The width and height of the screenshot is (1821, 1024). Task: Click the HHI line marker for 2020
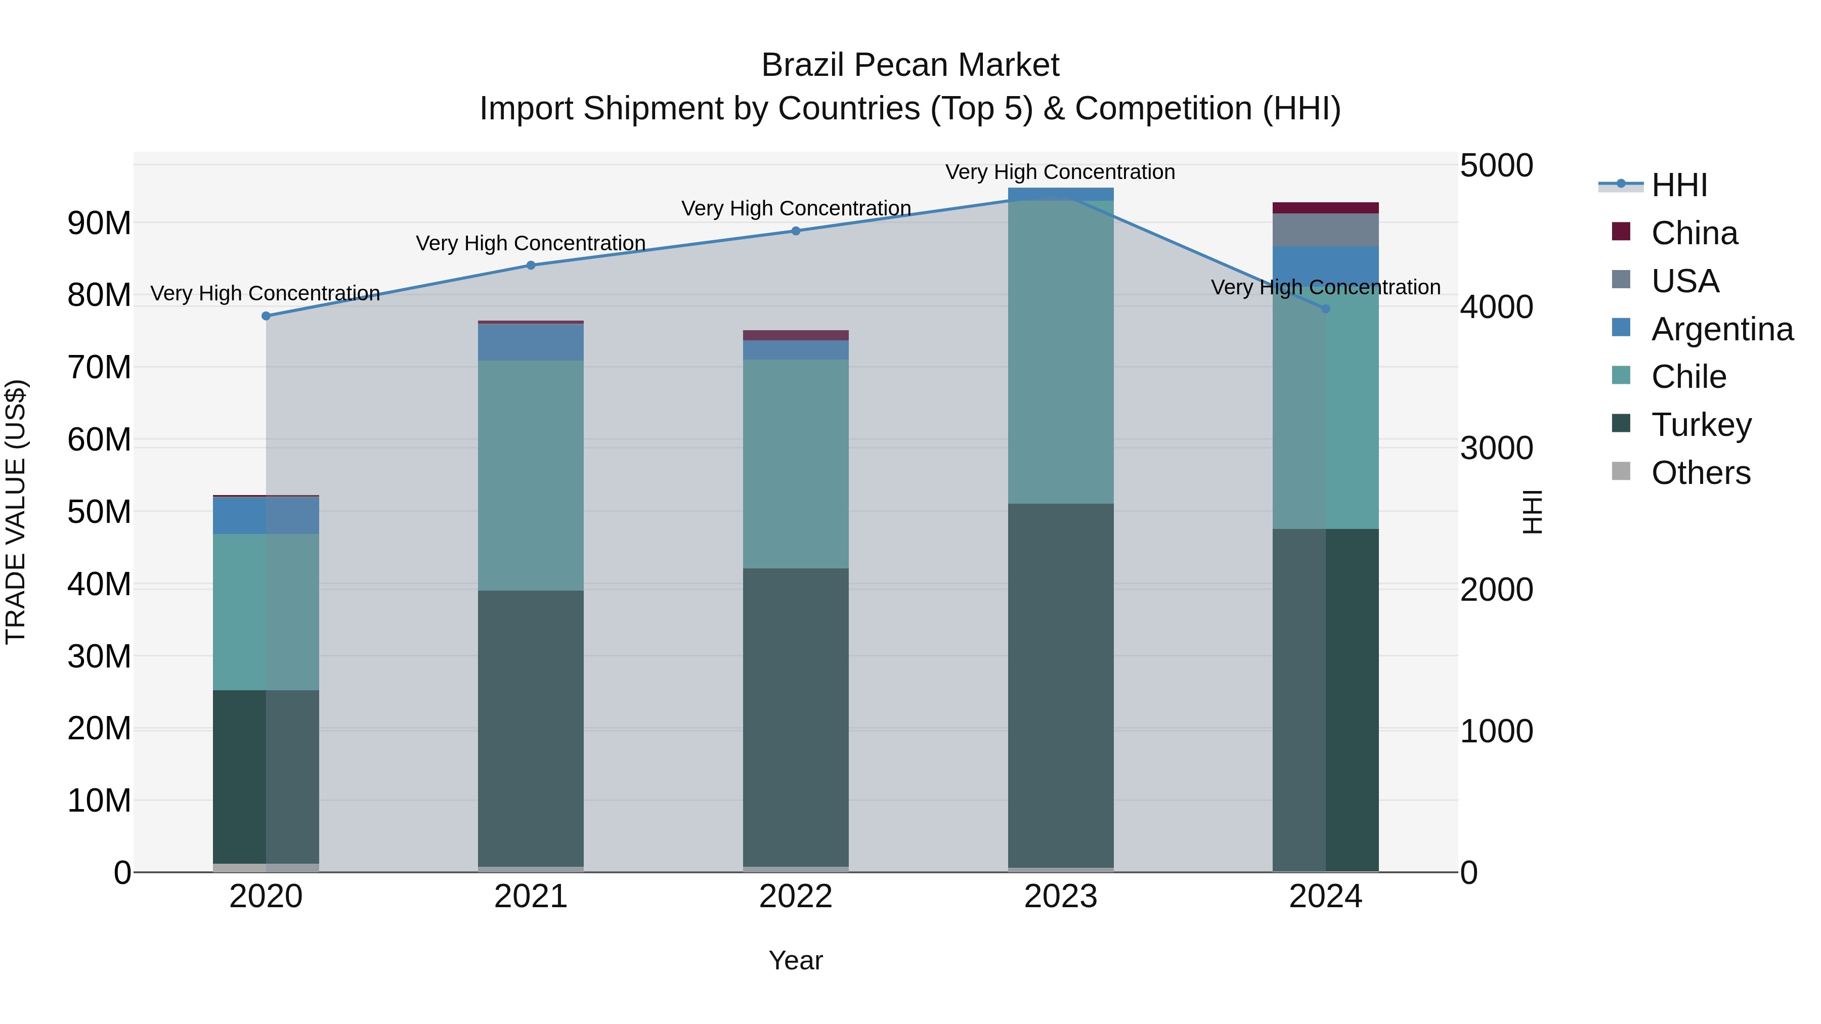click(x=266, y=316)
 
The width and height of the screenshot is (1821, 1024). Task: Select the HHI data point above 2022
click(x=795, y=231)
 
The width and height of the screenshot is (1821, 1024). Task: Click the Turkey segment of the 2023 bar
click(x=1060, y=686)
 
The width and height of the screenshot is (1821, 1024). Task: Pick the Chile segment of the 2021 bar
click(x=531, y=476)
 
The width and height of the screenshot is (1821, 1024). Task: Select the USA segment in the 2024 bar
click(x=1325, y=230)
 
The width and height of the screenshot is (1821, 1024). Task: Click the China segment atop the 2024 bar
click(x=1325, y=208)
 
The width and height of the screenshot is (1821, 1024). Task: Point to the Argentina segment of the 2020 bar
click(x=266, y=515)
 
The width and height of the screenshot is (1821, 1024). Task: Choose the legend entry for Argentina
click(x=1721, y=329)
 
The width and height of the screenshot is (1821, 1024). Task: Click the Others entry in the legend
click(x=1700, y=473)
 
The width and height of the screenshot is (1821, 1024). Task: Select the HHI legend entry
click(x=1679, y=185)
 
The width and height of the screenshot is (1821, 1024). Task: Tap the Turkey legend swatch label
click(x=1700, y=425)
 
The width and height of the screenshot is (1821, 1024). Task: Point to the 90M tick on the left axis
click(x=99, y=224)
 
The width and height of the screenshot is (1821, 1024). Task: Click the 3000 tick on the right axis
click(x=1496, y=448)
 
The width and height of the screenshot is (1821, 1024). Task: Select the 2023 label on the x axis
click(x=1060, y=897)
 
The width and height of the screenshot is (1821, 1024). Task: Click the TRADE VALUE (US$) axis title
click(x=16, y=512)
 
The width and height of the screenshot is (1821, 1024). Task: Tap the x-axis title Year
click(x=795, y=960)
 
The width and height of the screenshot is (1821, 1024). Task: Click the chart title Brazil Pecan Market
click(x=910, y=65)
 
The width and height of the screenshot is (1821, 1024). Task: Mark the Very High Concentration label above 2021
click(x=531, y=243)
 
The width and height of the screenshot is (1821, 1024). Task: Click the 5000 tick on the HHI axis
click(x=1496, y=165)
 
